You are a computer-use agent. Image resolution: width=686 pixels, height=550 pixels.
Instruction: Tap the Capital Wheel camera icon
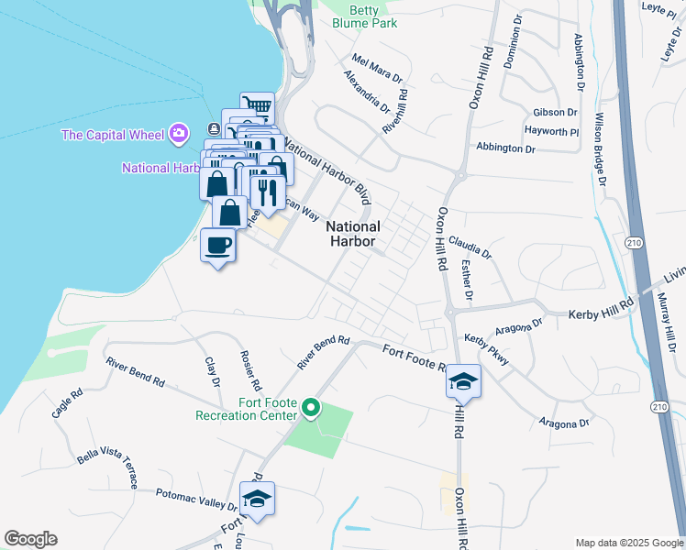click(x=178, y=135)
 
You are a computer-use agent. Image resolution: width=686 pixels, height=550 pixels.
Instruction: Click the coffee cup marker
click(x=218, y=246)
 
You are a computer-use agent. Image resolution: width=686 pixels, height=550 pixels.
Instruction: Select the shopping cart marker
click(x=258, y=106)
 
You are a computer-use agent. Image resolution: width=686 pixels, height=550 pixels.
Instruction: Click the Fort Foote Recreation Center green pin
click(x=311, y=407)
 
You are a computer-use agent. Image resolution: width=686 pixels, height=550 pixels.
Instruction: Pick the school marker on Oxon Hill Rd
click(x=464, y=381)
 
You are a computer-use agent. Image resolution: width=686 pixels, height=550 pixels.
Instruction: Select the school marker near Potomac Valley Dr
click(x=257, y=499)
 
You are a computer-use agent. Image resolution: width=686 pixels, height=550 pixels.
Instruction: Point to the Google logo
click(x=30, y=539)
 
